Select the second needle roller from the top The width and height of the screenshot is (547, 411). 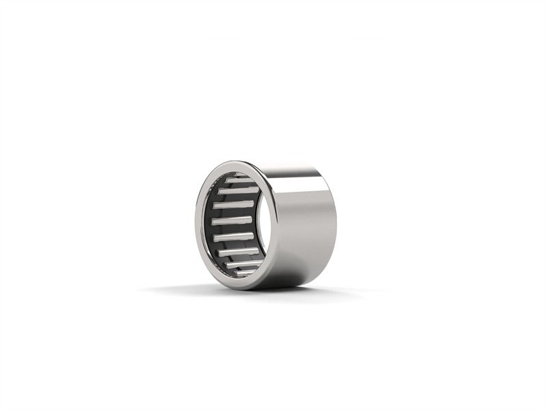click(237, 190)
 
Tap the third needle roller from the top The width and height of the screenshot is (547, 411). click(234, 204)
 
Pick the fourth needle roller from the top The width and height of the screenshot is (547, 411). click(232, 221)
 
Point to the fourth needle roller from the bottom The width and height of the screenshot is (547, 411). click(233, 237)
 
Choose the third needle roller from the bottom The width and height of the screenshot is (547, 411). click(237, 252)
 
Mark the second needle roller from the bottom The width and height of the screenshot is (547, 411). click(244, 264)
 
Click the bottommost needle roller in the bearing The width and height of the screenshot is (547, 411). click(246, 272)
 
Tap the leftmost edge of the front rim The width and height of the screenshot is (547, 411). click(197, 226)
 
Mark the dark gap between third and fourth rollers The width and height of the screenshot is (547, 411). click(233, 212)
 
